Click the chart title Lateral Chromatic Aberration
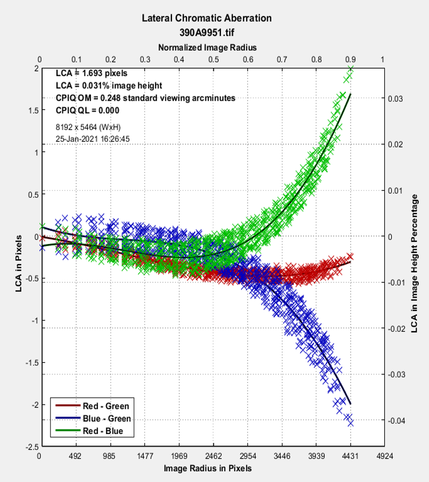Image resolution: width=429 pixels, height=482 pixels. (x=207, y=18)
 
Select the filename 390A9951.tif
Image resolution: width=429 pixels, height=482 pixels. (x=207, y=32)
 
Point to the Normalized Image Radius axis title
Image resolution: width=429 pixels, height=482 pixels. (x=207, y=47)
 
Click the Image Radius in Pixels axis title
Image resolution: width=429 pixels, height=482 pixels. (x=208, y=468)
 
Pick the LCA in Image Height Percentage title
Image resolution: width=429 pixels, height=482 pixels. (x=415, y=263)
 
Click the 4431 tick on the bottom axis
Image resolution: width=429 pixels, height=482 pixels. (x=350, y=456)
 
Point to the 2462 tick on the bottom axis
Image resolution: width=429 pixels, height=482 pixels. (x=213, y=456)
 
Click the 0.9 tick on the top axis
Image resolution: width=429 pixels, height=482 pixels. (x=350, y=60)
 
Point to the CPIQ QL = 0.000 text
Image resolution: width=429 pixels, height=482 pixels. (x=87, y=111)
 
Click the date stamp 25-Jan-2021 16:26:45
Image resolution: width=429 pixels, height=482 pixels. (x=93, y=138)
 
